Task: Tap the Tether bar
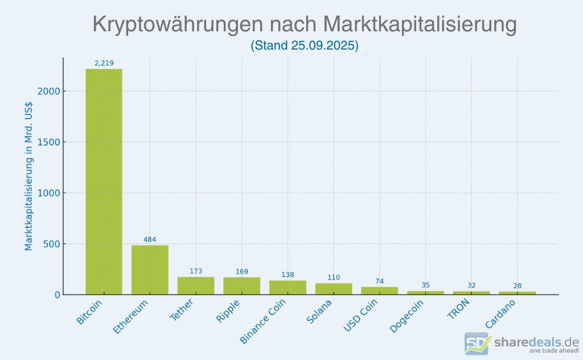click(x=196, y=285)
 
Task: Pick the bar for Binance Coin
click(x=288, y=288)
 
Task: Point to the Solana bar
click(x=334, y=289)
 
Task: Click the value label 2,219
click(x=104, y=63)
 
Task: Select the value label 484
click(x=150, y=239)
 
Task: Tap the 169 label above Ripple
click(x=242, y=271)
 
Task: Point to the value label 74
click(x=380, y=281)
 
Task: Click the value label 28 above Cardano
click(x=518, y=286)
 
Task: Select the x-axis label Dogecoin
click(x=408, y=317)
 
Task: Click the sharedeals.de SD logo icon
click(x=477, y=344)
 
